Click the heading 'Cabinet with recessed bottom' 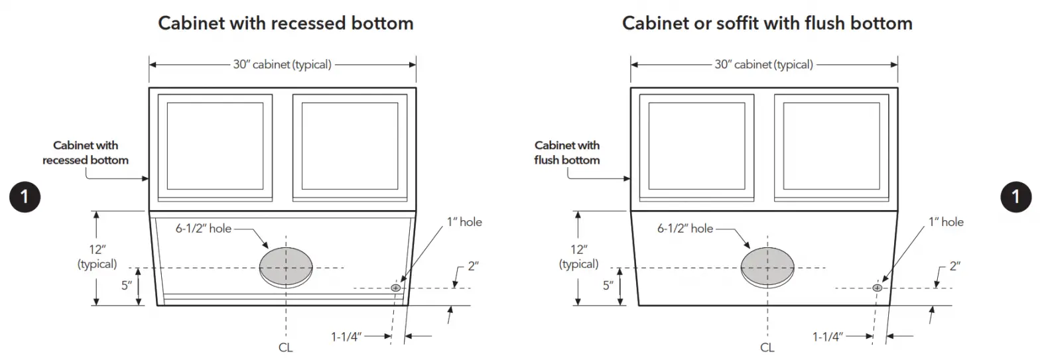[x=286, y=24]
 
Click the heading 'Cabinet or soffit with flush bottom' [x=767, y=24]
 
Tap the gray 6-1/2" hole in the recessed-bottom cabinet [x=286, y=267]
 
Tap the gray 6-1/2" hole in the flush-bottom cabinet [x=767, y=267]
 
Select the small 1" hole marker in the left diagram [x=396, y=288]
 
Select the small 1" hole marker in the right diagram [x=877, y=288]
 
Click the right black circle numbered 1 [x=1015, y=196]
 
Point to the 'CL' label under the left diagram [x=286, y=347]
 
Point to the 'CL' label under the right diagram [x=767, y=347]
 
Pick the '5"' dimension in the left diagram [x=125, y=286]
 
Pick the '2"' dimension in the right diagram [x=955, y=266]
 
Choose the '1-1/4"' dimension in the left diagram [x=346, y=337]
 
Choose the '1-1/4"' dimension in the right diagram [x=828, y=337]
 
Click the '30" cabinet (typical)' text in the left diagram [x=282, y=64]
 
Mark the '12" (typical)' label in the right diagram [x=578, y=257]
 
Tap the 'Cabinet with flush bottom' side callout [x=567, y=152]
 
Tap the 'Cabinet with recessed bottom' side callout [x=86, y=152]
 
